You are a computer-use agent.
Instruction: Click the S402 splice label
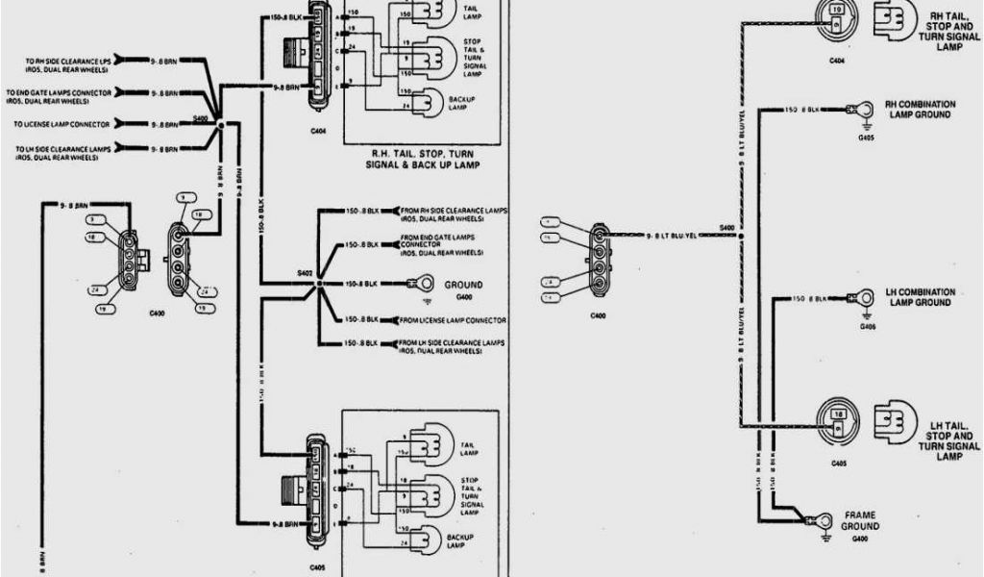pos(305,276)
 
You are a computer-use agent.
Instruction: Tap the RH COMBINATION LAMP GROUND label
pos(919,109)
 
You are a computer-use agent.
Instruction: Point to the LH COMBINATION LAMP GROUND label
pos(919,296)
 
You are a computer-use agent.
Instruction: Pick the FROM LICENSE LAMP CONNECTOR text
pos(454,320)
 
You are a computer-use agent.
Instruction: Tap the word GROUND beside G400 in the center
pos(463,285)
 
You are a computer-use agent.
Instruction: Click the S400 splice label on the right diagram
pos(726,227)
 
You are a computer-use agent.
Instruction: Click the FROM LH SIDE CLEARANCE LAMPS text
pos(453,345)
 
